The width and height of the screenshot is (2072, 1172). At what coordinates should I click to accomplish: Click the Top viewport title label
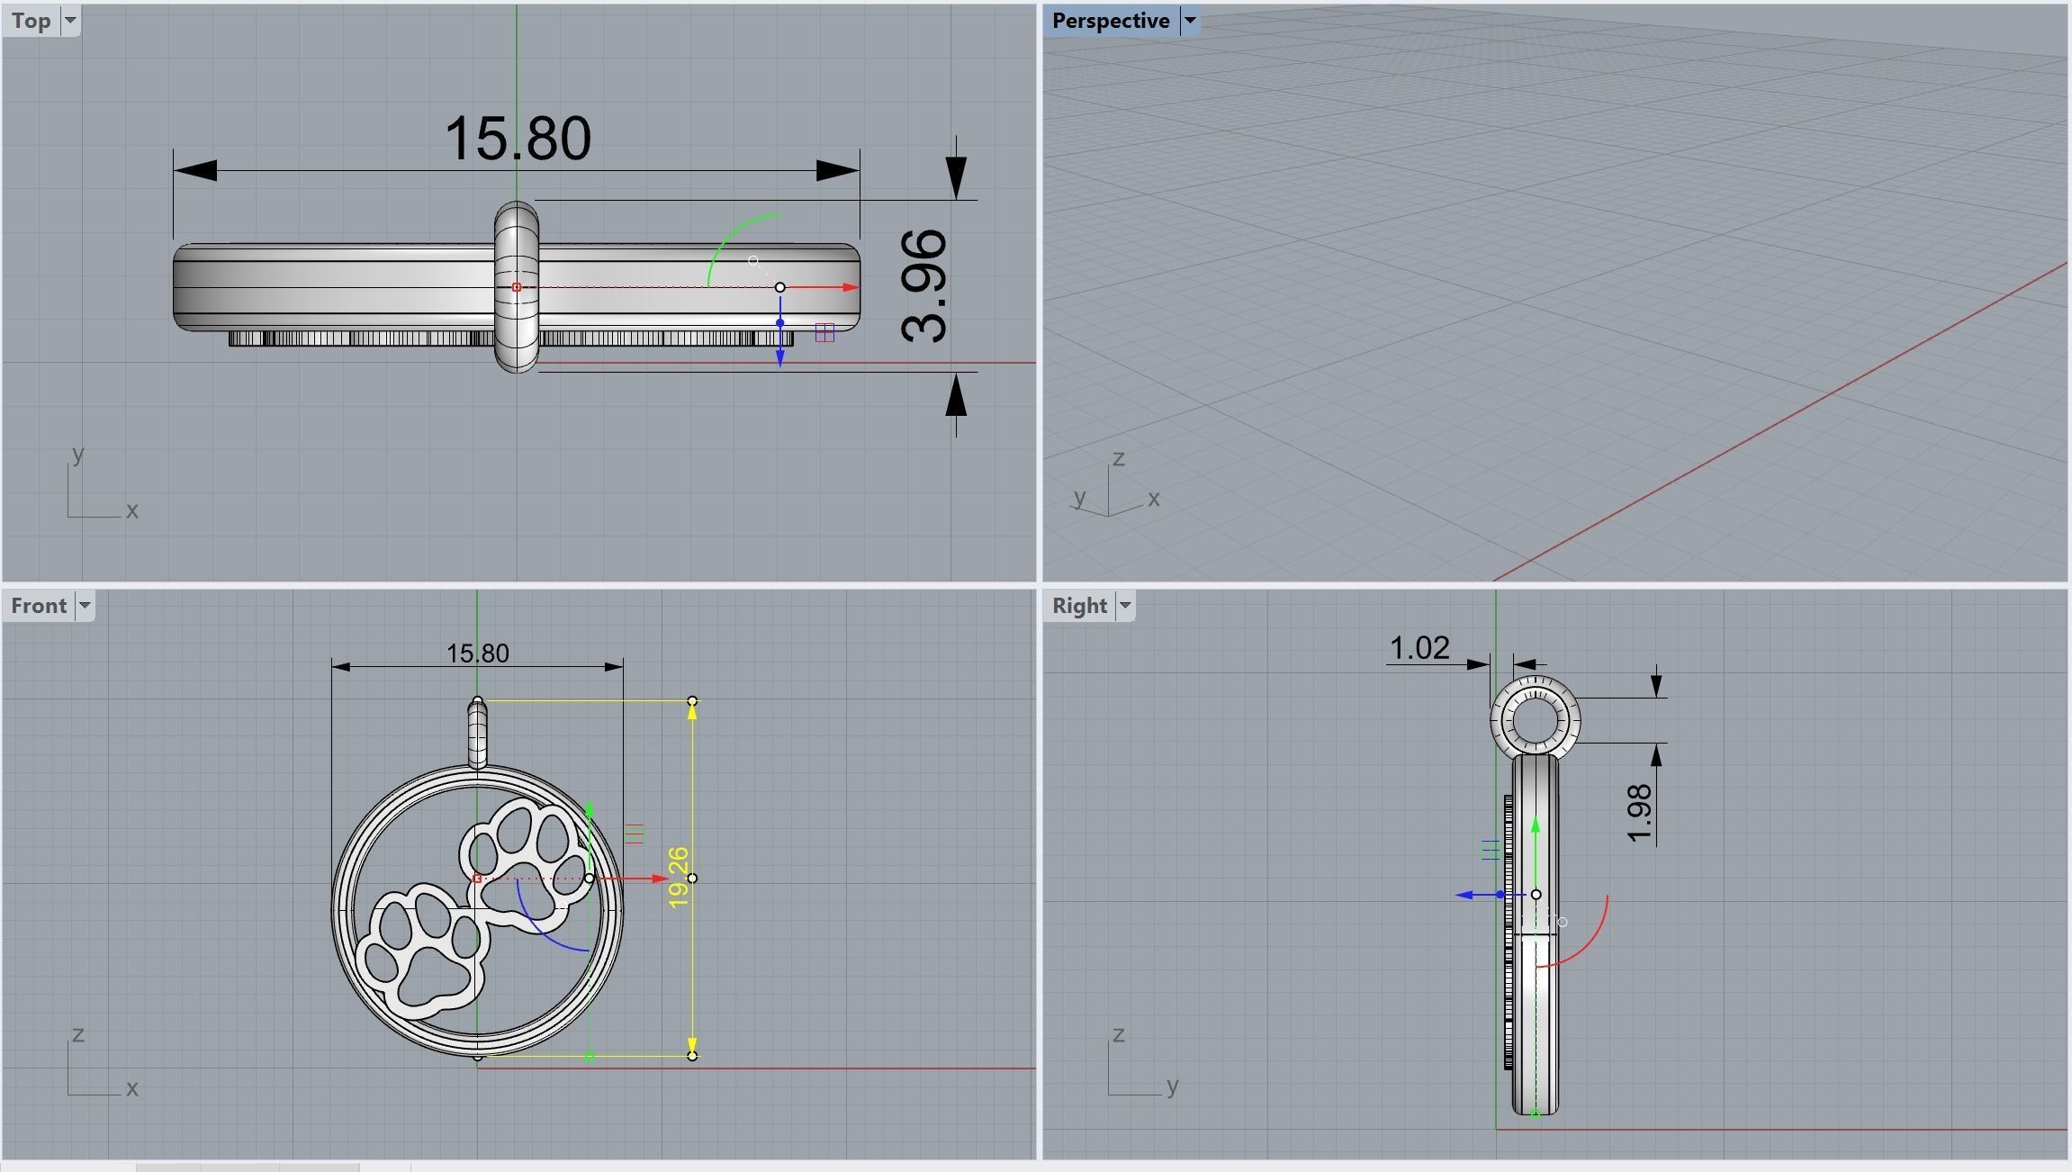point(31,21)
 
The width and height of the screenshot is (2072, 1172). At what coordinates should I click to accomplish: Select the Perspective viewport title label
point(1110,21)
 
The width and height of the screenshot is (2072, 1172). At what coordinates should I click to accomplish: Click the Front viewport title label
point(39,606)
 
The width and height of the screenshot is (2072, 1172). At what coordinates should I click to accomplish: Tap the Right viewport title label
point(1078,606)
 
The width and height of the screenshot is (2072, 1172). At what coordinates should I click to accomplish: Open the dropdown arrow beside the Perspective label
point(1189,21)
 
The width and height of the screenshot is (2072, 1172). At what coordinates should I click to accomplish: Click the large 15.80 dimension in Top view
point(518,140)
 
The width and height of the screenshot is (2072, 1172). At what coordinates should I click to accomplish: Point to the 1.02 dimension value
point(1419,648)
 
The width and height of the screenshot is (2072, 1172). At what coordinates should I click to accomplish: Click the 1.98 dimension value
point(1641,813)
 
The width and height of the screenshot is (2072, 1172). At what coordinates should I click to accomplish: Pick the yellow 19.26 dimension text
point(679,877)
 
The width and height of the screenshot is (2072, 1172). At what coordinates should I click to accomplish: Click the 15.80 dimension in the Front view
point(477,654)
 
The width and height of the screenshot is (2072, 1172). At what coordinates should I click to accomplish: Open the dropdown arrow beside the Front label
point(85,606)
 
